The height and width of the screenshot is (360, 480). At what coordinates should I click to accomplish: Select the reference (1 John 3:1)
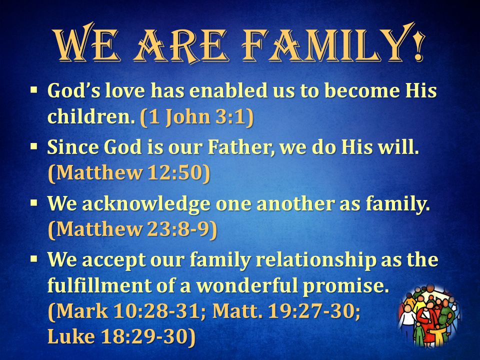197,117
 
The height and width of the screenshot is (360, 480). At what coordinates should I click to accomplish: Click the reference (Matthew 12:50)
129,173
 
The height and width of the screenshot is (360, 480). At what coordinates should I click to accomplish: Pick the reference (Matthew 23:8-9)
132,229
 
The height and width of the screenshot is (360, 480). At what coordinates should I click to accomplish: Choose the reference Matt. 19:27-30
286,311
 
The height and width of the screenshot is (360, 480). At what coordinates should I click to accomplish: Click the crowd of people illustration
429,316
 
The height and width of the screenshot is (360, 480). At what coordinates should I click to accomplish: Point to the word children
91,116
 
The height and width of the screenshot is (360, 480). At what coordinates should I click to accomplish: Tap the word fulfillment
99,286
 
